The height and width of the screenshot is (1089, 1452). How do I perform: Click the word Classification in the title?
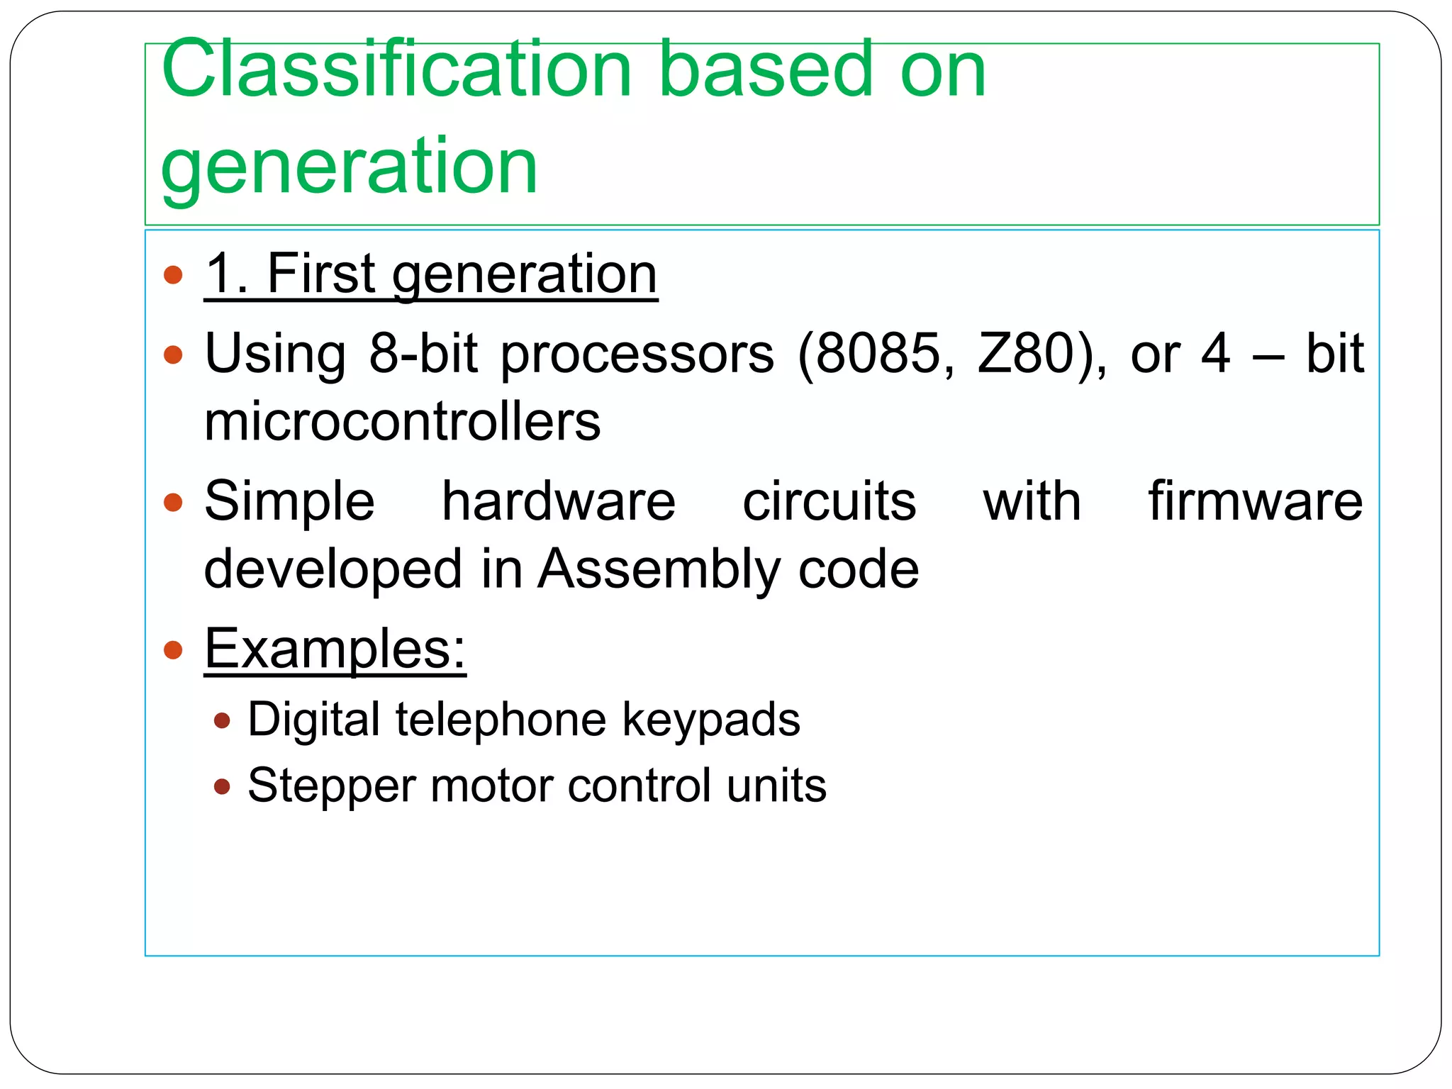[397, 69]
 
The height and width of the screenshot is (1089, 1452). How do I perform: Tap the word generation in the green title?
[349, 167]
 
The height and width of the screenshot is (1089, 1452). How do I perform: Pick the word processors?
[637, 354]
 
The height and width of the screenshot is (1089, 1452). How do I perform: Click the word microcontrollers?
[402, 422]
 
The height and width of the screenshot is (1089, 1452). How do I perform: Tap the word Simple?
[289, 502]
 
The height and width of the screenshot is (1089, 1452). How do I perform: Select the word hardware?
[559, 501]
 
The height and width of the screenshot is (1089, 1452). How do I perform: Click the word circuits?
[829, 501]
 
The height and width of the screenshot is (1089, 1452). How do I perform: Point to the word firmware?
[1255, 501]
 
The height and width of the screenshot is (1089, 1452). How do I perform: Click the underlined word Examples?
[335, 648]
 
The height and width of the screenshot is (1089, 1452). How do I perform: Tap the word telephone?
[501, 720]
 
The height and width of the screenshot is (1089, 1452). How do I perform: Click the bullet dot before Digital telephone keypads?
[222, 721]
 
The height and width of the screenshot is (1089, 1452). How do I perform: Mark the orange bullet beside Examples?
[173, 649]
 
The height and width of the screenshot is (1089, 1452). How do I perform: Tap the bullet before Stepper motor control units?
[222, 786]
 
